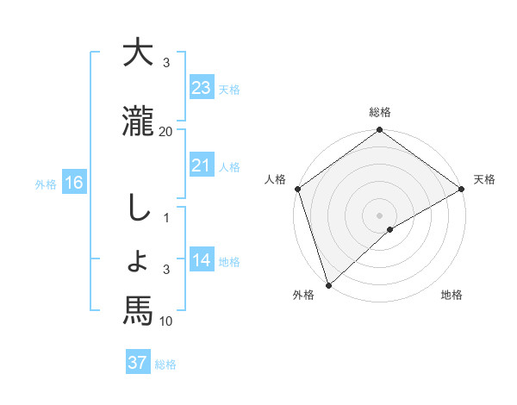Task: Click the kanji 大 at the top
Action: tap(138, 53)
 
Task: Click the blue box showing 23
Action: tap(201, 88)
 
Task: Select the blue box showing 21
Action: tap(201, 165)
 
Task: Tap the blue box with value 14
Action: tap(201, 261)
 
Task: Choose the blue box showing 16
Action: tap(73, 183)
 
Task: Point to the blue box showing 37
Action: tap(138, 363)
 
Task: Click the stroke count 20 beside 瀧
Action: tap(166, 131)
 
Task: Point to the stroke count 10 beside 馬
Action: tap(166, 321)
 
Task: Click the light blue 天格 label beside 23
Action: tap(229, 89)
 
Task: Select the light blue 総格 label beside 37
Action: tap(165, 364)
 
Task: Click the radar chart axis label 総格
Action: tap(379, 112)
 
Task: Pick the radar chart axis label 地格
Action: tap(452, 295)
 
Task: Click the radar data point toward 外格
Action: tap(328, 284)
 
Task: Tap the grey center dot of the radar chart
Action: tap(379, 215)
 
